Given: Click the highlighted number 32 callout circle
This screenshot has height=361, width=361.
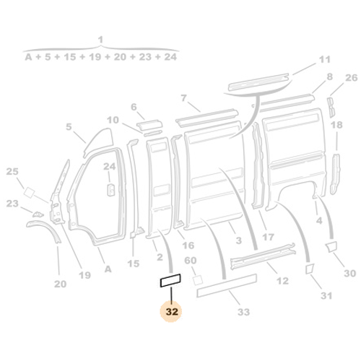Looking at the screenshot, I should coord(171,312).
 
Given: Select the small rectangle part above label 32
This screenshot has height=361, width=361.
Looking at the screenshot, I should coord(170,278).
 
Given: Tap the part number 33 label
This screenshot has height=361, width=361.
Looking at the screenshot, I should coord(243,312).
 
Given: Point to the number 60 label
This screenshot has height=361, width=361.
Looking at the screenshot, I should coord(191,261).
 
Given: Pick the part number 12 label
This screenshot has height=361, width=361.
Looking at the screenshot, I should coord(282,282).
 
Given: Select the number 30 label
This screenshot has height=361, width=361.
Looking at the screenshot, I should coord(349,274).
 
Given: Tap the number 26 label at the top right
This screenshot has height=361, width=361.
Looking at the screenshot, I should coord(351,78).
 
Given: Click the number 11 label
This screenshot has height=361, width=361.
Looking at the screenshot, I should coord(323,59).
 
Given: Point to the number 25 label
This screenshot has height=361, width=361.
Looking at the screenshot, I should coord(12,171).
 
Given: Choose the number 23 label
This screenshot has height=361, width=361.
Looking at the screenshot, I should coord(12,204).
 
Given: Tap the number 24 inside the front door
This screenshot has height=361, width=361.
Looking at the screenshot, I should coord(109,167).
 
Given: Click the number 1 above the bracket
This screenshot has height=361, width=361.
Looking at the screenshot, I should coord(100,39).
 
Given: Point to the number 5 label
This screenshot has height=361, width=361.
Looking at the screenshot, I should coord(69,127).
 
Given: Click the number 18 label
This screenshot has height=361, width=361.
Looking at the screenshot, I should coord(336,125).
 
